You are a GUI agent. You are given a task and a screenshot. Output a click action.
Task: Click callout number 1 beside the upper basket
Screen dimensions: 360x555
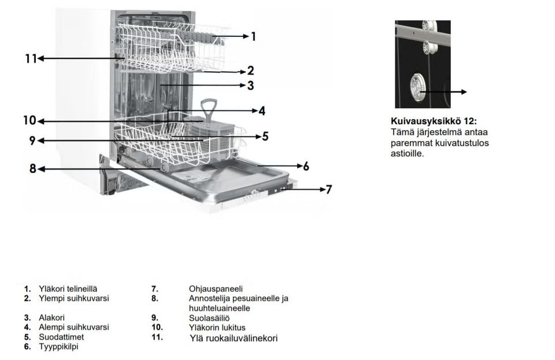(x=253, y=36)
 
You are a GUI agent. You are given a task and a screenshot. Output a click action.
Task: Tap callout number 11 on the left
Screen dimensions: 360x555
(x=31, y=58)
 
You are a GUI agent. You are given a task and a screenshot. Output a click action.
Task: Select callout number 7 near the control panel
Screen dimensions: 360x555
(x=328, y=189)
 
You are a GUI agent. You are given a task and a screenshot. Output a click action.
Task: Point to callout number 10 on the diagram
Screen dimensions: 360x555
(x=29, y=121)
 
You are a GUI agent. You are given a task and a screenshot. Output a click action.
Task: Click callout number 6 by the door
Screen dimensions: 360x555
(x=306, y=166)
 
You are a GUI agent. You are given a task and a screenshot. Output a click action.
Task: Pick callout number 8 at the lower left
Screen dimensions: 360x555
(x=33, y=169)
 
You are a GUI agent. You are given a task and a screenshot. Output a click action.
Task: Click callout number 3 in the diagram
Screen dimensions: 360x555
(x=250, y=86)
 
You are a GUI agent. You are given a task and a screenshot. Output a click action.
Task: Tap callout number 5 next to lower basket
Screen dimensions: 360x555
(x=265, y=136)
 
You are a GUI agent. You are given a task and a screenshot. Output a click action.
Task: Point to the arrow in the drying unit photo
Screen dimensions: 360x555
(x=445, y=92)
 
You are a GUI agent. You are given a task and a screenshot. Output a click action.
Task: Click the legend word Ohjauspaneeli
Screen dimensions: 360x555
(x=216, y=289)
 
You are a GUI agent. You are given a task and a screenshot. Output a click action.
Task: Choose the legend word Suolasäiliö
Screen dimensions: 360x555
(x=209, y=318)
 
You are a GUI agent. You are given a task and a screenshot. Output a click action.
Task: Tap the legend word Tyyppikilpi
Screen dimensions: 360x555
(x=58, y=347)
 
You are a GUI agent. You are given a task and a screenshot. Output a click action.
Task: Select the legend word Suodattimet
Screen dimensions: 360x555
(x=61, y=337)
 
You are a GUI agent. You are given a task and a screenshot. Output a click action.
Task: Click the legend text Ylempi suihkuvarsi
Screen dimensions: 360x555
(x=73, y=298)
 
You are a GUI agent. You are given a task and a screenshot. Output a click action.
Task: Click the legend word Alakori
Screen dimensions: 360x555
(x=51, y=318)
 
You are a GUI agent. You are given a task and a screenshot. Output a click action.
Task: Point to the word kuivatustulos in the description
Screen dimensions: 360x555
(x=460, y=143)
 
